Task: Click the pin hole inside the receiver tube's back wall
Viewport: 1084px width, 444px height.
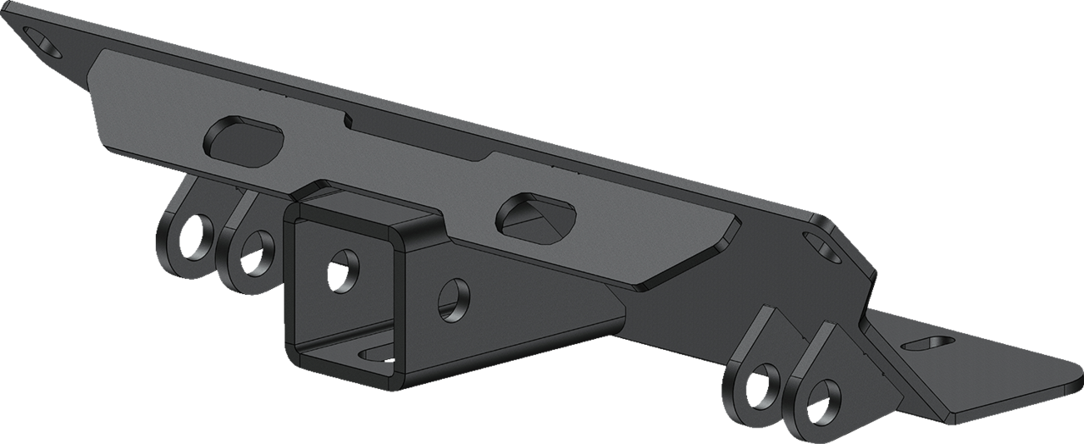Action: (x=341, y=270)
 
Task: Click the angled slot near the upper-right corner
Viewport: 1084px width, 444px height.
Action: (x=826, y=246)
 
